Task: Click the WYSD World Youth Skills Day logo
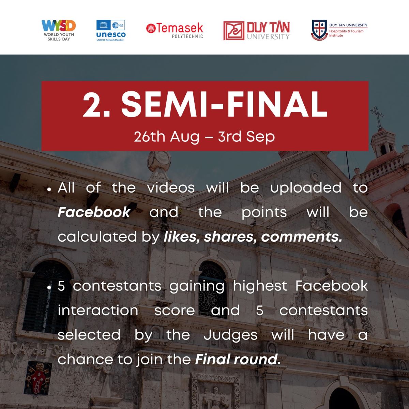click(x=59, y=30)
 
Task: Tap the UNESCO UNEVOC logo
click(x=111, y=30)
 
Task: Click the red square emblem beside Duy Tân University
click(x=234, y=31)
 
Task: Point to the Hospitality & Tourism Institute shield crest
click(x=319, y=30)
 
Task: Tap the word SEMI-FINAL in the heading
click(x=224, y=104)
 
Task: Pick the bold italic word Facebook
click(x=94, y=212)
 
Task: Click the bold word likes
click(x=181, y=237)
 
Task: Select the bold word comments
click(x=302, y=237)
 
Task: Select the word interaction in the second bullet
click(x=98, y=310)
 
